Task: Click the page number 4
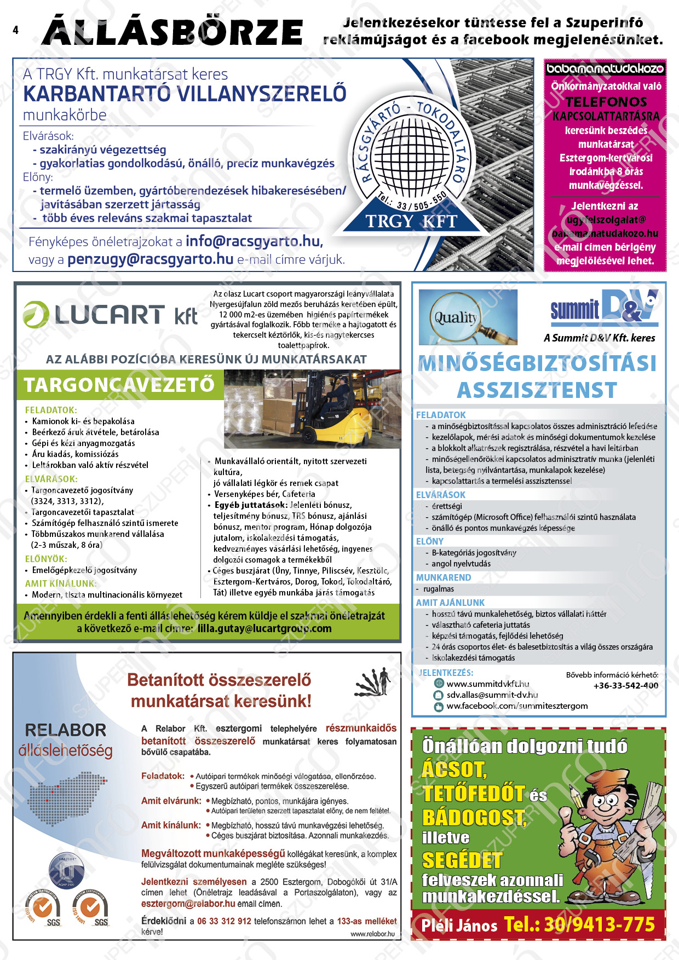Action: [15, 30]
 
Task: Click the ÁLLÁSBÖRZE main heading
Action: [172, 32]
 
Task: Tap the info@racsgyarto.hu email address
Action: [254, 241]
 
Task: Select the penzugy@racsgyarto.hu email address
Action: [150, 259]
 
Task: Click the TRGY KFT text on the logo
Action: [411, 221]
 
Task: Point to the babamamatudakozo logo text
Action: [605, 69]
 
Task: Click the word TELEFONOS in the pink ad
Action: [606, 102]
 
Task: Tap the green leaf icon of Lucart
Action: [36, 314]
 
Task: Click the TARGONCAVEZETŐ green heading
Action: [119, 385]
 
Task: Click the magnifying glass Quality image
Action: [468, 317]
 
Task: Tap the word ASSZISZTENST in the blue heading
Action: [537, 390]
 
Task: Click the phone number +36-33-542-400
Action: [625, 685]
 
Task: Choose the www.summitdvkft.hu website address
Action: [487, 684]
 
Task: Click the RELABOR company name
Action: [66, 730]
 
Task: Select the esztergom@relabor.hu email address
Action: [188, 904]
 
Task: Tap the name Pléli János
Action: [459, 926]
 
